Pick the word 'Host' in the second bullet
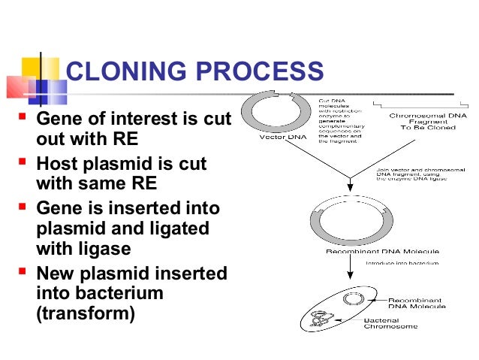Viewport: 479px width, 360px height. pyautogui.click(x=59, y=163)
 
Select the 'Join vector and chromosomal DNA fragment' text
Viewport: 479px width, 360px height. pyautogui.click(x=415, y=174)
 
